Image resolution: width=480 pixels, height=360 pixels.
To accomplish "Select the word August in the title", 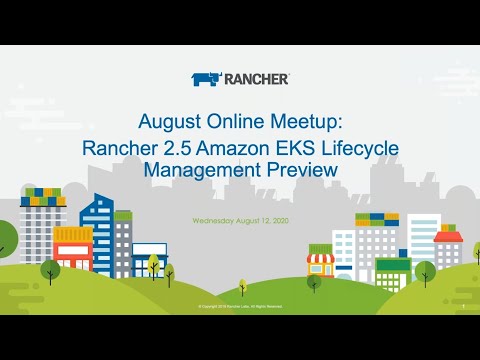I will pos(169,122).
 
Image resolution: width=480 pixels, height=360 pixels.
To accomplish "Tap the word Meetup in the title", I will pos(310,122).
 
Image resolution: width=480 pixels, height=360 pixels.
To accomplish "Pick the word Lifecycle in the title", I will pos(366,149).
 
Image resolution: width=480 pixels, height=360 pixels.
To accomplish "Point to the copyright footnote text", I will pos(240,307).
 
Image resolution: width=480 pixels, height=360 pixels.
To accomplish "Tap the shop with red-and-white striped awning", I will pos(319,264).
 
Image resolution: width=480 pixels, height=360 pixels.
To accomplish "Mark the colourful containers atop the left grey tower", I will pos(42,195).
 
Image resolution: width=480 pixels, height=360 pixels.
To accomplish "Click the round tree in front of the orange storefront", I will pos(50,267).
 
